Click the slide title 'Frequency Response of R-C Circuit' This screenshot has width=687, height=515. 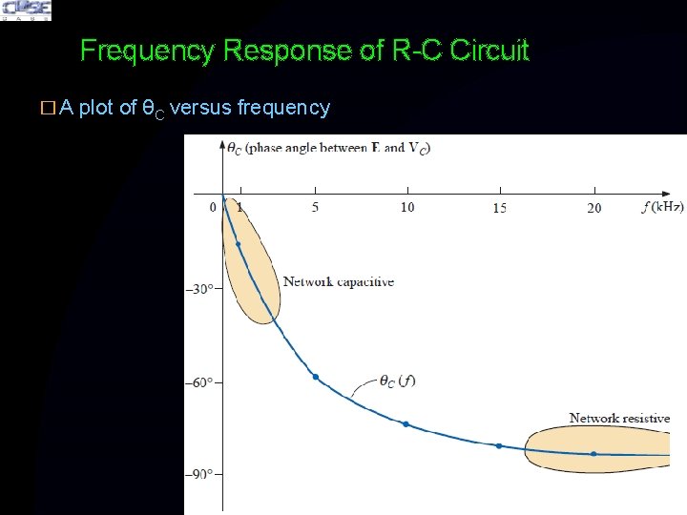(x=303, y=51)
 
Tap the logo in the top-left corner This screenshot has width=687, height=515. (x=26, y=10)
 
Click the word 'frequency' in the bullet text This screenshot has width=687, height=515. (x=283, y=108)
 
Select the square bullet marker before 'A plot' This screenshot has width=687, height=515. (x=48, y=109)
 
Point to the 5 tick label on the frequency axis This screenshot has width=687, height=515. (x=315, y=207)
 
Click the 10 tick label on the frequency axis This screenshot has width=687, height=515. (x=407, y=207)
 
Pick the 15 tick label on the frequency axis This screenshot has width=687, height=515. (x=499, y=208)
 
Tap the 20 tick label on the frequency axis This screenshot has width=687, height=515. (x=593, y=208)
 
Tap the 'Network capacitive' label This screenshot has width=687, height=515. (x=338, y=282)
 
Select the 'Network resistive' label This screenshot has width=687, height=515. (x=619, y=418)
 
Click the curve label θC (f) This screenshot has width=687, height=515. (x=397, y=381)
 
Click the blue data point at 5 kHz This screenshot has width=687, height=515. (x=315, y=377)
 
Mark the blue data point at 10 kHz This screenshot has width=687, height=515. (x=406, y=423)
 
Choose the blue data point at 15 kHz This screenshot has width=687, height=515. (x=498, y=445)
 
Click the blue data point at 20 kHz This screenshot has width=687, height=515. (x=593, y=454)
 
